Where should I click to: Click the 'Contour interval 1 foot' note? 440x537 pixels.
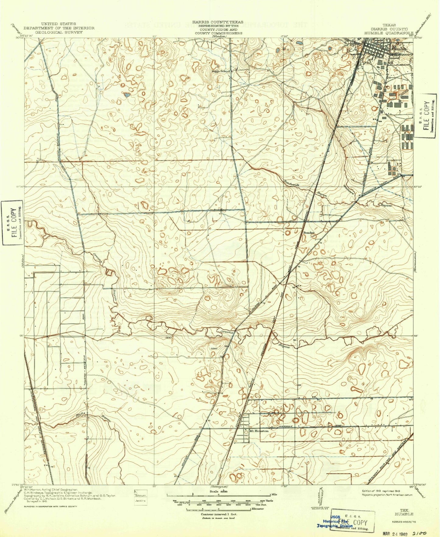tap(219, 514)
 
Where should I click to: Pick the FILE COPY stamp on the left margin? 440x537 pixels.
tap(12, 223)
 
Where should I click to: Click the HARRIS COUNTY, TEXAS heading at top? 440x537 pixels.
tap(217, 22)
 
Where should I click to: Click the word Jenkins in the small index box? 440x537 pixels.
tap(140, 500)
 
